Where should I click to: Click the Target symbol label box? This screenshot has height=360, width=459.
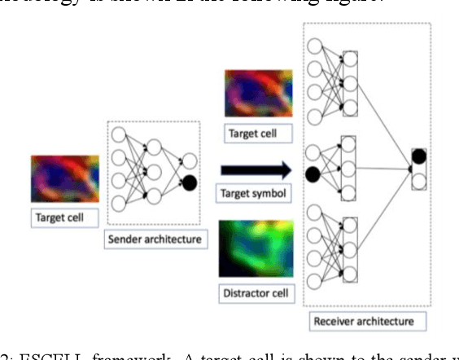click(253, 194)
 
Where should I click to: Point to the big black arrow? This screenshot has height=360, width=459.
click(255, 170)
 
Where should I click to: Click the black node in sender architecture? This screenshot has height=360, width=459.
click(190, 182)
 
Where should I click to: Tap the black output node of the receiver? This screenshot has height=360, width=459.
click(418, 155)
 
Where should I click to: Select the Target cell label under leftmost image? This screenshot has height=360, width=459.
click(62, 217)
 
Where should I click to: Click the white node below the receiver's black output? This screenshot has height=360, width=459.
click(418, 180)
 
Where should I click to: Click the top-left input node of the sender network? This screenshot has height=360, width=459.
click(120, 134)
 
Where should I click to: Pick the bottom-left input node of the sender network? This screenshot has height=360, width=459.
click(120, 203)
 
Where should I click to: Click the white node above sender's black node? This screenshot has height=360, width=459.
click(190, 160)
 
